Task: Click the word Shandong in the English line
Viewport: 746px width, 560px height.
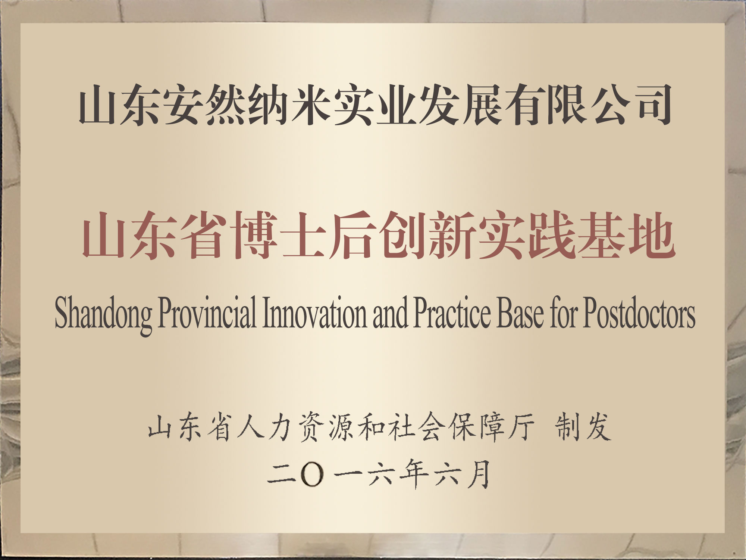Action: tap(103, 315)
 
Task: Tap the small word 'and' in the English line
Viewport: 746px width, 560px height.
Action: tap(390, 314)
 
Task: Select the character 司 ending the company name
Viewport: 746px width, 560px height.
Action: tap(651, 104)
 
